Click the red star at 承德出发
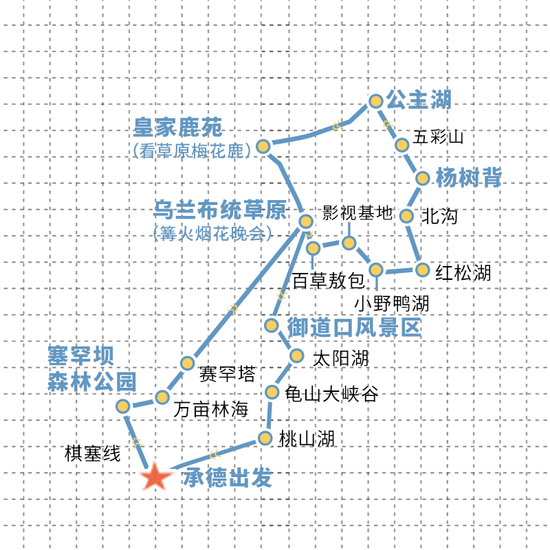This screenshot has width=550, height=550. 156,476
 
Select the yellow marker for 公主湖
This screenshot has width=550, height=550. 375,101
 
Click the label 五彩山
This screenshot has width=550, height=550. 439,137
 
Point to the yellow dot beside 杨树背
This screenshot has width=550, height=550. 423,178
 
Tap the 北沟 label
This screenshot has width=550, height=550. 439,216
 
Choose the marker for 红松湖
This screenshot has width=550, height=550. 422,269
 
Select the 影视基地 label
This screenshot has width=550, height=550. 357,212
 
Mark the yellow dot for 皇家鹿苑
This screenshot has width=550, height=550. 263,146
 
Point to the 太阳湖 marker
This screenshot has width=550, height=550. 297,355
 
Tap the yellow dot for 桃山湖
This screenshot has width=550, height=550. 265,438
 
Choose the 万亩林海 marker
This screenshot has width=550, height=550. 162,397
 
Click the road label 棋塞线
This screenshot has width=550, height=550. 92,454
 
